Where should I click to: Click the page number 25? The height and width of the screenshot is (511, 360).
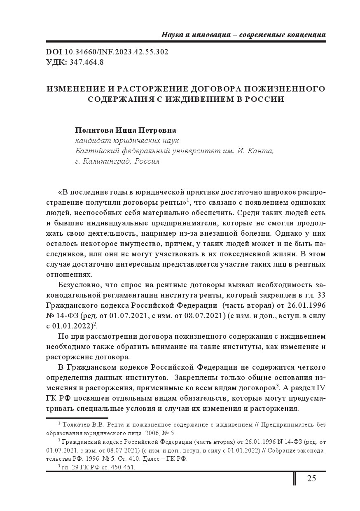coord(311,478)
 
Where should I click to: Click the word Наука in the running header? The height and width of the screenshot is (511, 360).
coord(172,35)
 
